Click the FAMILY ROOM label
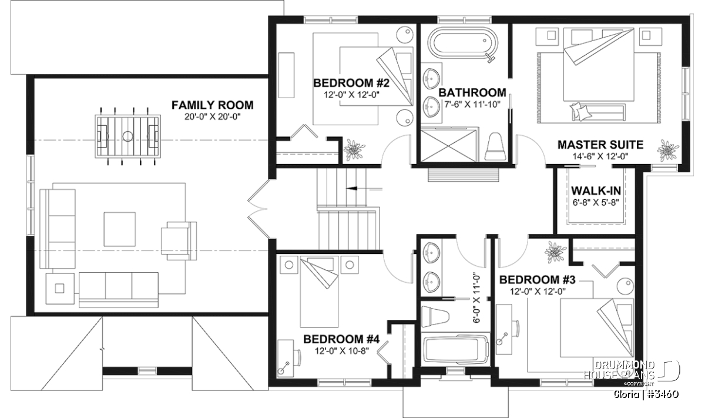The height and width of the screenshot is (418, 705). [213, 105]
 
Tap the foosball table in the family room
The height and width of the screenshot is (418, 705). [128, 136]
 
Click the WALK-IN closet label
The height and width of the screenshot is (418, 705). [596, 190]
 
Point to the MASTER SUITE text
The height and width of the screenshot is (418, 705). [600, 145]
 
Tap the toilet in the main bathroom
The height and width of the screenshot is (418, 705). [495, 146]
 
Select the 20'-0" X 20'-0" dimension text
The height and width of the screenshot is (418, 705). [213, 117]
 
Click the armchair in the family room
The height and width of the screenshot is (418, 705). [179, 241]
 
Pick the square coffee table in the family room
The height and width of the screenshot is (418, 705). [120, 229]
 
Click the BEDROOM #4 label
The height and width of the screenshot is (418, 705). [341, 339]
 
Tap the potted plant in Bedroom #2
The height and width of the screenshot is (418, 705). [354, 149]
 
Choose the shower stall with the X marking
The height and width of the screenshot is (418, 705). [450, 145]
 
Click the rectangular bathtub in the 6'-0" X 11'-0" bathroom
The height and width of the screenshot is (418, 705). [456, 350]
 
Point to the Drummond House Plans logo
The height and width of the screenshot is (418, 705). [632, 372]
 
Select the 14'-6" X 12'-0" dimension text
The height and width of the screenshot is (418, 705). [600, 156]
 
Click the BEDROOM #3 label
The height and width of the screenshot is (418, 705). [537, 280]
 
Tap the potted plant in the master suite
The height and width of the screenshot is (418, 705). [668, 151]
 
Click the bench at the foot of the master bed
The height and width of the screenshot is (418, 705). [598, 112]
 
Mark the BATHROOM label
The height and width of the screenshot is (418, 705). [472, 93]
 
